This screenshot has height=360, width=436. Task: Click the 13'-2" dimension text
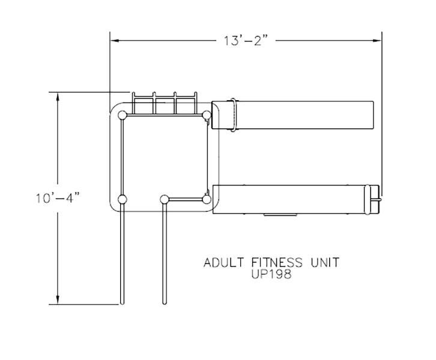pyautogui.click(x=246, y=41)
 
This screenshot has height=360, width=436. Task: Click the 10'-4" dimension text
pyautogui.click(x=58, y=199)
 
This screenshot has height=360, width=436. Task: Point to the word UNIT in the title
pyautogui.click(x=325, y=263)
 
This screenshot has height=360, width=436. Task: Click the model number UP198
pyautogui.click(x=271, y=274)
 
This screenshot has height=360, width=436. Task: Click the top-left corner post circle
pyautogui.click(x=123, y=115)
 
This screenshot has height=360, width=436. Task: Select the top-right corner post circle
pyautogui.click(x=207, y=115)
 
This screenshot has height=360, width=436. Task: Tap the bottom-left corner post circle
pyautogui.click(x=123, y=199)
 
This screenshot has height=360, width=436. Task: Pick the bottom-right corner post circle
pyautogui.click(x=207, y=199)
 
